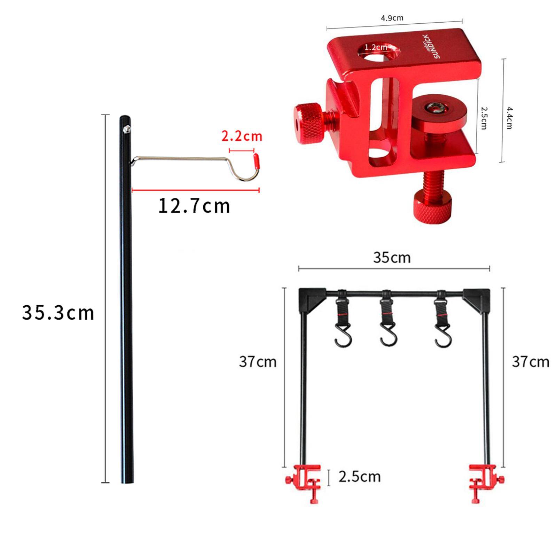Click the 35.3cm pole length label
click(58, 313)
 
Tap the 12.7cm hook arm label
click(194, 206)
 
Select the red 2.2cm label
click(242, 136)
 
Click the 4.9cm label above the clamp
click(392, 18)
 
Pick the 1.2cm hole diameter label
click(376, 47)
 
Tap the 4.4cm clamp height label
click(509, 118)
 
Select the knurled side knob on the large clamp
click(307, 119)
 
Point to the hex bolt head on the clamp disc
click(437, 108)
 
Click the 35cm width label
click(392, 258)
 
